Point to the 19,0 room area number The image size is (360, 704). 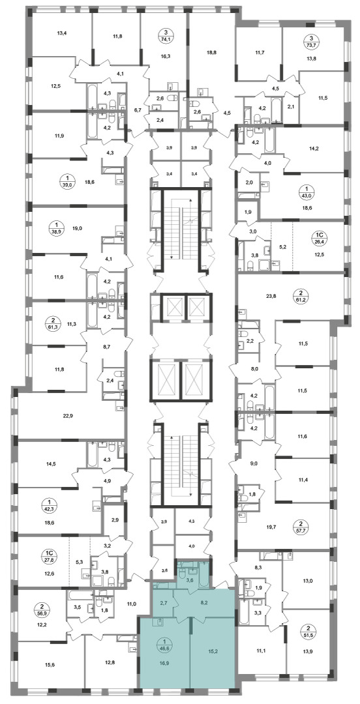pyautogui.click(x=77, y=228)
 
